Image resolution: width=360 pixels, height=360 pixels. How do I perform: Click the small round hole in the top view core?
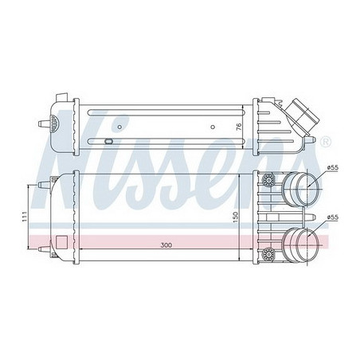213,125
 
